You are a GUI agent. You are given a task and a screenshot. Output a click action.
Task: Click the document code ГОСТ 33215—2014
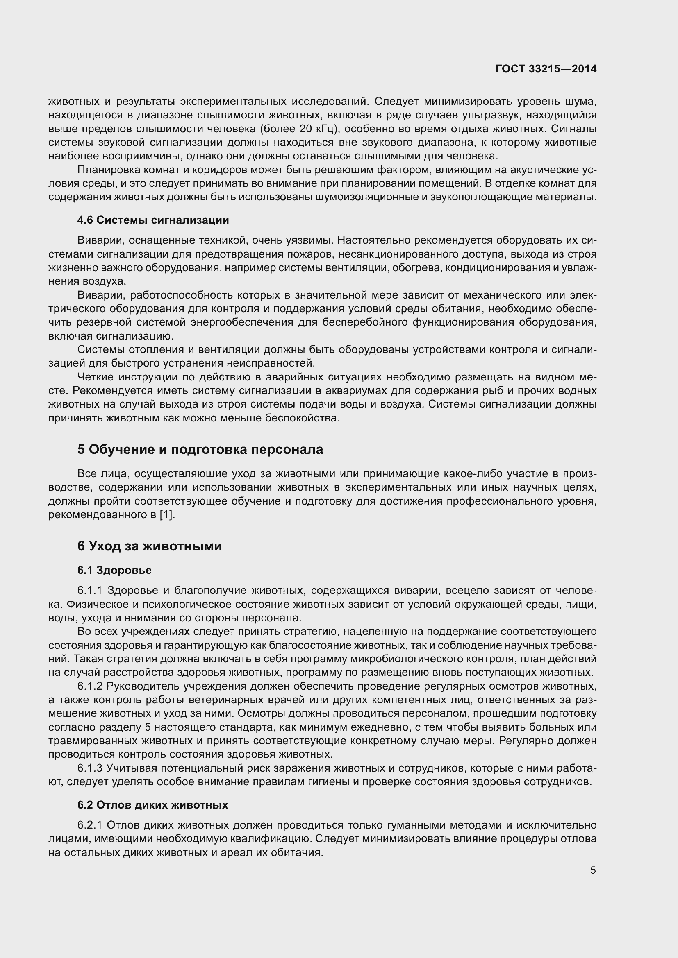[546, 69]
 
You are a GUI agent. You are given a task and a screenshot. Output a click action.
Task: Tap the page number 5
[593, 870]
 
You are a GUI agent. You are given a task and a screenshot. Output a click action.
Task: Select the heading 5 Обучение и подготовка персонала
[200, 449]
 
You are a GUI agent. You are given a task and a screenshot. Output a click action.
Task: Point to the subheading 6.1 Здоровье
[114, 570]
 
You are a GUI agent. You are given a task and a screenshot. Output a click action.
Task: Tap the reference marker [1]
[166, 515]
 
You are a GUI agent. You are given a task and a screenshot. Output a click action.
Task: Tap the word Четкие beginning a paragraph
[95, 377]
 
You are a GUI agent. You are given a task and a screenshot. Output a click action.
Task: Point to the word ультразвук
[488, 115]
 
